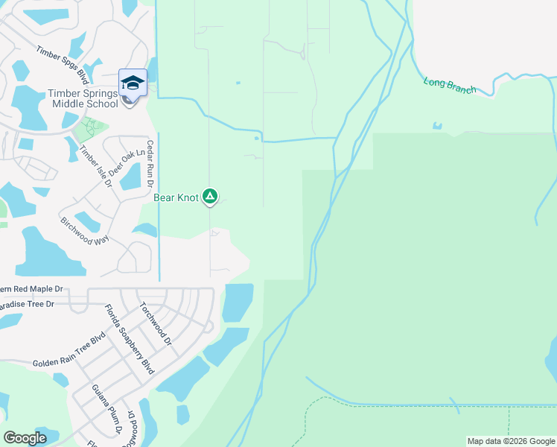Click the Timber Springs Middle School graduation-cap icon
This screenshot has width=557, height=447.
pos(133,83)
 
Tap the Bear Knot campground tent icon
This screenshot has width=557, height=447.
pos(211,197)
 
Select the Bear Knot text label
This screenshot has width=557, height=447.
pos(176,197)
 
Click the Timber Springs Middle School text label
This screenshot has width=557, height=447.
pos(83,98)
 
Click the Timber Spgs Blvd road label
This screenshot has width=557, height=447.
pos(63,64)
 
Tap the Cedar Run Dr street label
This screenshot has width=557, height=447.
pos(150,163)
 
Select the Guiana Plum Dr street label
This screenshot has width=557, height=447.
pos(106,409)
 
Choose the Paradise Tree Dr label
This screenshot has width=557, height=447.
pos(28,304)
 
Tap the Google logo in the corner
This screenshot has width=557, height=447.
pos(25,438)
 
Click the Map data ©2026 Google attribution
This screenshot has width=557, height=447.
pos(512,441)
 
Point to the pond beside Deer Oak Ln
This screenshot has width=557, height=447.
pos(130,177)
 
